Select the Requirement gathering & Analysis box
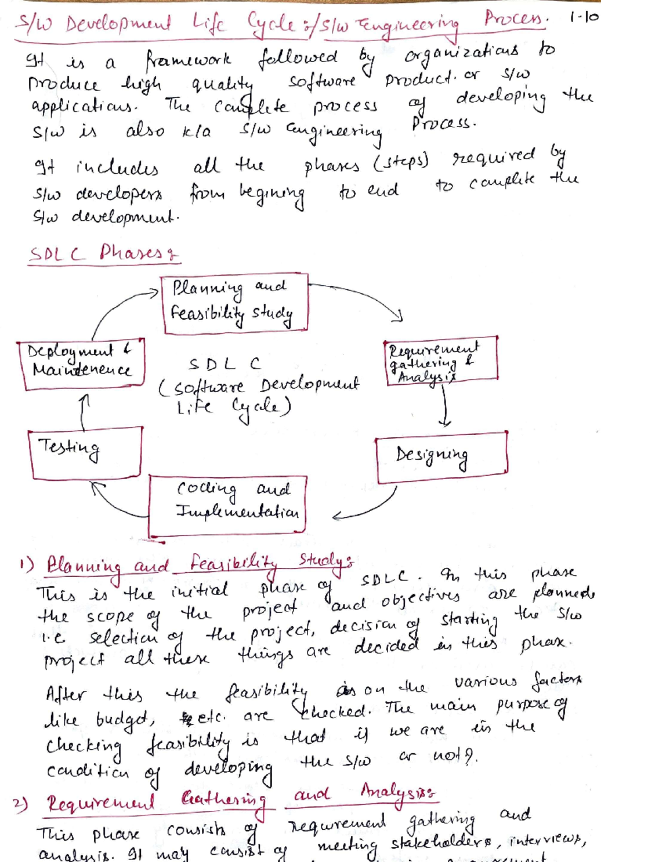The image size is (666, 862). pos(441,361)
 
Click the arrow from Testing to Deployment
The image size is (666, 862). pos(83,412)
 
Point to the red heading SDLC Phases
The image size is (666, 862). pos(103,254)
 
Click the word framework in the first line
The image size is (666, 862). pos(189,59)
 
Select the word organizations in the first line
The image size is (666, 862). pos(462,54)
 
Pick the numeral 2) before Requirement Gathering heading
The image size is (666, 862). pos(21,804)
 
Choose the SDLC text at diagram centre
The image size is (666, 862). pos(224,364)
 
